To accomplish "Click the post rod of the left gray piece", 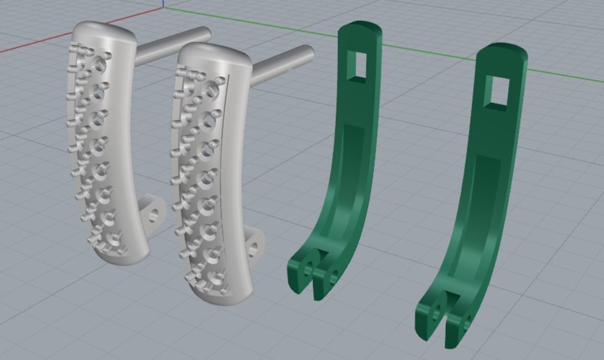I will click(x=174, y=44).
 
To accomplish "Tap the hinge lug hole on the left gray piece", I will click(x=154, y=212).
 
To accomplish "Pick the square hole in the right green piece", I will click(x=497, y=93).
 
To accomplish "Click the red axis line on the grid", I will click(x=33, y=44).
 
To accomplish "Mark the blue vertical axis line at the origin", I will click(x=163, y=4).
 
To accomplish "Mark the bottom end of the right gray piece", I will click(x=221, y=296).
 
